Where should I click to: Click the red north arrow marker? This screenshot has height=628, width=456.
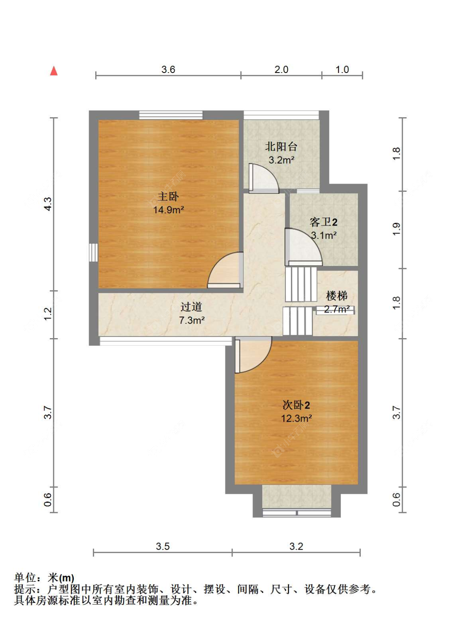click(x=54, y=71)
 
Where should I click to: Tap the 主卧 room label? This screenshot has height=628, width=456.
click(x=168, y=196)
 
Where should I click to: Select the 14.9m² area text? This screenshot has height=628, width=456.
click(x=169, y=210)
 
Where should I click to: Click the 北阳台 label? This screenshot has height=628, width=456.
click(x=281, y=147)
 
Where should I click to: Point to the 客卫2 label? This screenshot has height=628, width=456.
click(x=323, y=222)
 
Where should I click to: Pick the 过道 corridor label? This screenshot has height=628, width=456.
click(x=191, y=307)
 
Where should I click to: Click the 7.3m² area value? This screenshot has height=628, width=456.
click(x=192, y=320)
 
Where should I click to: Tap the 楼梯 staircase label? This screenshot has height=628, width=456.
click(x=337, y=296)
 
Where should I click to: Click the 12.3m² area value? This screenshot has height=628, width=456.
click(x=296, y=418)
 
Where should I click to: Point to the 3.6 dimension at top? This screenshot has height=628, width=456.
click(x=168, y=69)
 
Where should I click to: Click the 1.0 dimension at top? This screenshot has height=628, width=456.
click(x=342, y=69)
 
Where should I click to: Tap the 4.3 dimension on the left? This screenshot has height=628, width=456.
click(x=48, y=204)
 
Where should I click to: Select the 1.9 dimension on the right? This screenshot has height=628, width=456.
click(x=396, y=229)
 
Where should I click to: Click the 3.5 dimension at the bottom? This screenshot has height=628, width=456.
click(x=163, y=546)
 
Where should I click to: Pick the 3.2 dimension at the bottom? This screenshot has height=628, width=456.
click(x=296, y=546)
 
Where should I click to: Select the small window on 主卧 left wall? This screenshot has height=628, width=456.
click(x=94, y=252)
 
